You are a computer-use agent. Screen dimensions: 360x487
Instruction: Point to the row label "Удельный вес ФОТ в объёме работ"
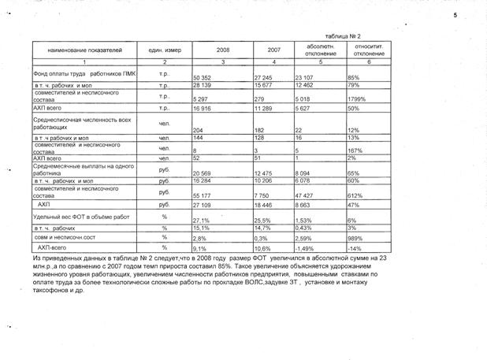tap(72, 215)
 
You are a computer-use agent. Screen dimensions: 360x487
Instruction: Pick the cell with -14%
tap(355, 248)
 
